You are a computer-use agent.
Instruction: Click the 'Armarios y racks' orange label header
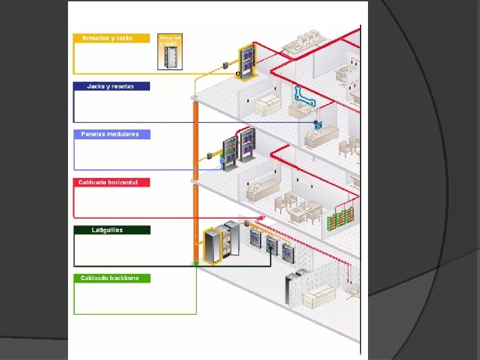[112, 38]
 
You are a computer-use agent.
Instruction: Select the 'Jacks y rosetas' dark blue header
[112, 86]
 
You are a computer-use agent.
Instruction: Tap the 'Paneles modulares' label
[112, 134]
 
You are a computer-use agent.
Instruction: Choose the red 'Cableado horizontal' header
[112, 182]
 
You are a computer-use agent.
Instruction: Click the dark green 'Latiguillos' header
[112, 230]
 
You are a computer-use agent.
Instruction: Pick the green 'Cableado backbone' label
[112, 278]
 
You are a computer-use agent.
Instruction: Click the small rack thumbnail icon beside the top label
[171, 51]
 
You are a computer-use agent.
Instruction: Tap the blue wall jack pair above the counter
[318, 125]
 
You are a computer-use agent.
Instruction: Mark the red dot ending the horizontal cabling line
[262, 218]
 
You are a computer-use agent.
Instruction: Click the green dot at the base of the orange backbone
[196, 264]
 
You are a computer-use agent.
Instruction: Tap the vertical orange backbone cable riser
[196, 180]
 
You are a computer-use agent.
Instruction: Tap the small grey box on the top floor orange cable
[227, 65]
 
